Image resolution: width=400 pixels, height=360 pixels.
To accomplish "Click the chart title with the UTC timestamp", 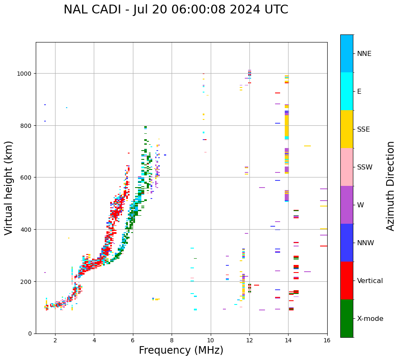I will tap(176, 10).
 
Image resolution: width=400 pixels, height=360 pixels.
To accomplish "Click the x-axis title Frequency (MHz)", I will tap(181, 350).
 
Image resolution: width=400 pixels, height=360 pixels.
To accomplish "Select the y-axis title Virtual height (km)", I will tap(9, 188).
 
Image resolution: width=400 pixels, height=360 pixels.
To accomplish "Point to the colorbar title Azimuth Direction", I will tap(391, 186).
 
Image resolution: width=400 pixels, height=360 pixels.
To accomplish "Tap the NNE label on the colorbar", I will tap(364, 54).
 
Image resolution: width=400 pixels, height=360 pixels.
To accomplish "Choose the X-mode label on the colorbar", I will tap(370, 319).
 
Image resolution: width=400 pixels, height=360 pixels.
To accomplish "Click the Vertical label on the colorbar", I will tap(370, 281).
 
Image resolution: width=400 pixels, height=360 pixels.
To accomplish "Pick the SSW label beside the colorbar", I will tap(365, 167).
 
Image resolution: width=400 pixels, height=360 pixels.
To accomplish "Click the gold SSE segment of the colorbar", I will tap(347, 129).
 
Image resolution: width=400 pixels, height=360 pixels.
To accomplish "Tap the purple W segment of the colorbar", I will tap(347, 205).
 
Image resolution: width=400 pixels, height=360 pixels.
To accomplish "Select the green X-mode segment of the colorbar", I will tap(347, 318).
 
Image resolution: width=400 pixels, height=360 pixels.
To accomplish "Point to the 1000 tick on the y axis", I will tap(26, 74).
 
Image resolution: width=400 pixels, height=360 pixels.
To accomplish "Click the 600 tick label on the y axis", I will tap(28, 177).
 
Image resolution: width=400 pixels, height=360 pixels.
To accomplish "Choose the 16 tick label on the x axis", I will tap(327, 341).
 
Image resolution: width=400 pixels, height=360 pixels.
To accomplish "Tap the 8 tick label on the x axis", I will tap(172, 341).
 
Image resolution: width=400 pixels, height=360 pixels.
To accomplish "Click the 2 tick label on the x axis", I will tap(55, 341).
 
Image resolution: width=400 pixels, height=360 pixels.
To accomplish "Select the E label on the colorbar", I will tap(359, 92).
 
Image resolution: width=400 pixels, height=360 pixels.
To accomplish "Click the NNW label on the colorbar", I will tap(366, 243).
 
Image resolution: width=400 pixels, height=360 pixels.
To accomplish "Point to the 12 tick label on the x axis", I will tap(249, 341).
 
